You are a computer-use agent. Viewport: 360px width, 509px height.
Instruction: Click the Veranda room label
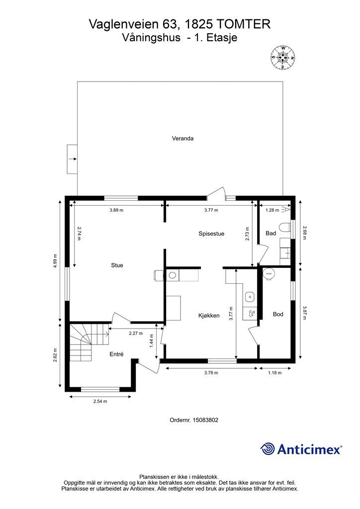(x=182, y=138)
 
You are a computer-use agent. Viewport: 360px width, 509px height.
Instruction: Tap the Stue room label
(x=117, y=265)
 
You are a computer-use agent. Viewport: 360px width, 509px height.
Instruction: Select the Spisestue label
(x=211, y=234)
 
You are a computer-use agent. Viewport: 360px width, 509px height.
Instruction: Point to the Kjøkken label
(x=209, y=315)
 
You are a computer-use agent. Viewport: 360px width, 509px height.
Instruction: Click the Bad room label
(x=270, y=233)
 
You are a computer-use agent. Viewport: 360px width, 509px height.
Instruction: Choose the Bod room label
(x=278, y=314)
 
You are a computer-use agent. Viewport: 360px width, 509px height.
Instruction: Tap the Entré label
(x=116, y=354)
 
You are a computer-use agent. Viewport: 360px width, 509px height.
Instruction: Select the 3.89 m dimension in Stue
(x=116, y=210)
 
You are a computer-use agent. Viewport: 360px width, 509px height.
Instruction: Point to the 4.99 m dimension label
(x=56, y=260)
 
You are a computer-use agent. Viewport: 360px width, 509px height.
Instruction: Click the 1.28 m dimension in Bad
(x=272, y=210)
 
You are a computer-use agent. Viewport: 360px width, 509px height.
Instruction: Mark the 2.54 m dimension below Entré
(x=100, y=401)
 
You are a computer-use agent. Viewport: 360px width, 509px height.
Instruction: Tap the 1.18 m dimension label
(x=274, y=373)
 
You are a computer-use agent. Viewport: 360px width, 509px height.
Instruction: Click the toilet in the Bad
(x=284, y=227)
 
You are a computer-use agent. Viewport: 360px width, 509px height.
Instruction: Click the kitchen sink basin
(x=250, y=296)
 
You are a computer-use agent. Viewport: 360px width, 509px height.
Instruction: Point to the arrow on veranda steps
(x=73, y=159)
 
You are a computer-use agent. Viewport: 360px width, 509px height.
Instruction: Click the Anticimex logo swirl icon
(x=268, y=449)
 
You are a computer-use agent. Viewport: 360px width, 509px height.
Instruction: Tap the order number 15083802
(x=205, y=420)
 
